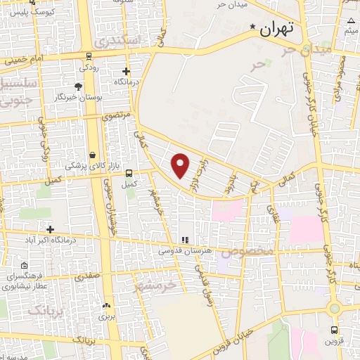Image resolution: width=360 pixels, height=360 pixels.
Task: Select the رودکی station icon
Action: (89, 56)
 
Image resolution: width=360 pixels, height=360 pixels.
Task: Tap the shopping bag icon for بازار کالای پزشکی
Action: (92, 155)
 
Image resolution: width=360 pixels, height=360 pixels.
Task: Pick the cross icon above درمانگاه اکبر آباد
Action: (50, 229)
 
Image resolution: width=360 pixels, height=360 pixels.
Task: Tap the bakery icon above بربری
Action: (106, 305)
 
